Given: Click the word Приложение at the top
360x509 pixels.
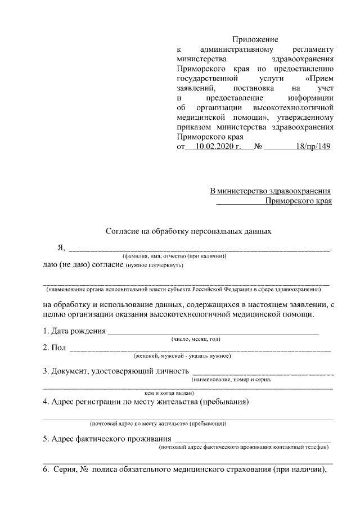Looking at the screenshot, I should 255,39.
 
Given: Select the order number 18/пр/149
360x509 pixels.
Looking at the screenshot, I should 312,147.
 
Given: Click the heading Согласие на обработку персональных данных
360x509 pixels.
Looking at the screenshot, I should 189,231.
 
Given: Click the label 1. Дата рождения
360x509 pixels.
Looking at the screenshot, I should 75,330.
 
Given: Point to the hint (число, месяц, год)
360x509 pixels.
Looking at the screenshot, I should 196,339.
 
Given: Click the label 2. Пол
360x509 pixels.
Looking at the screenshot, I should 55,348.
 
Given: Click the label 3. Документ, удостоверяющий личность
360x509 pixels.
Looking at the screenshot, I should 115,371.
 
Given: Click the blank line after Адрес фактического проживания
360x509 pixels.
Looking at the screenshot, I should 253,440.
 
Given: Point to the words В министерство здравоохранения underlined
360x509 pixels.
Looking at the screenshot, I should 270,191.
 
